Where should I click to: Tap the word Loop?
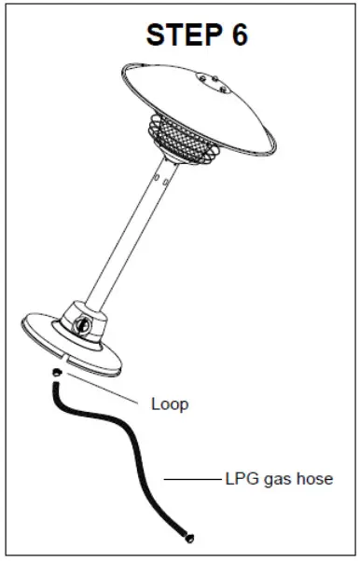click(x=169, y=404)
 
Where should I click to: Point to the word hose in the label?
click(x=312, y=479)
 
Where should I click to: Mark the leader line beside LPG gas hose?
click(x=192, y=480)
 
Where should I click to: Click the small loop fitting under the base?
click(x=58, y=372)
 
